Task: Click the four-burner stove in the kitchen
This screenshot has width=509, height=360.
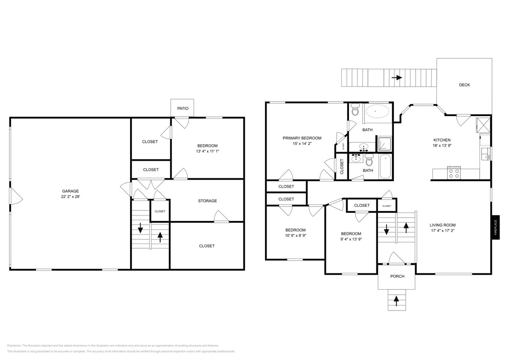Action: [454, 173]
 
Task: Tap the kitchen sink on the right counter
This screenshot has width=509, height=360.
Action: [485, 153]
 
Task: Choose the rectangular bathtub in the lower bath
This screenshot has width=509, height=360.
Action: [386, 167]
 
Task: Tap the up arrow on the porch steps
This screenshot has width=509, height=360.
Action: [396, 301]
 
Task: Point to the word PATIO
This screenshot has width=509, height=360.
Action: [183, 108]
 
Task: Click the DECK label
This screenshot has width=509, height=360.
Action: [464, 85]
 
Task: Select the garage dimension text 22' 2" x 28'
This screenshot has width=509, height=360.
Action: [70, 197]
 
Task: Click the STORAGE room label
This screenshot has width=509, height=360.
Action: [207, 201]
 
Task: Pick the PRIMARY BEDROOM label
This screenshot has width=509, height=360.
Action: [302, 138]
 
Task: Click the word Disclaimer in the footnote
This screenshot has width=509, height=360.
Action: [14, 345]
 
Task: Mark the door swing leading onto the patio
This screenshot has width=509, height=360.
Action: [182, 122]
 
